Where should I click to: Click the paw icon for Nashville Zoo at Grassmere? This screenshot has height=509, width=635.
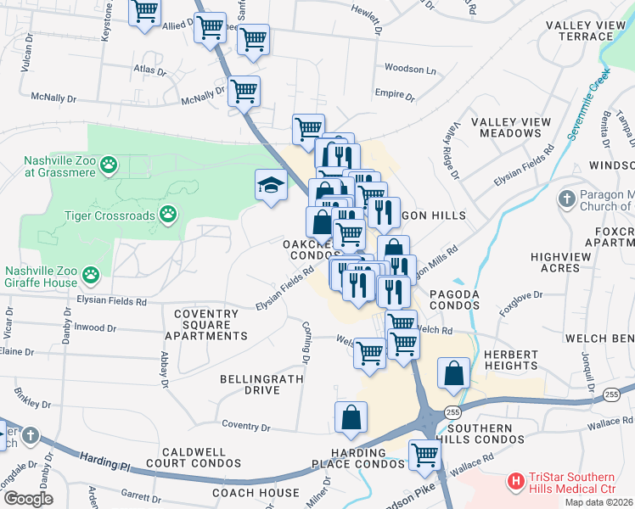109,165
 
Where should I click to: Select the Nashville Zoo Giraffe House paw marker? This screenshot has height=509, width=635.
91,275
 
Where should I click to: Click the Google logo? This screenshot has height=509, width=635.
27,499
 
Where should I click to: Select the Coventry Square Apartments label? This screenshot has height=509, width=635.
205,325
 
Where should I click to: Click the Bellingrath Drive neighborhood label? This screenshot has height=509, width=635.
250,384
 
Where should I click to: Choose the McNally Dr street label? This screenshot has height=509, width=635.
201,95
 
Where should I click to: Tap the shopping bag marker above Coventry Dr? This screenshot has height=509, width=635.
351,417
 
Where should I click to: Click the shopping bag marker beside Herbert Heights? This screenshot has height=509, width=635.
454,373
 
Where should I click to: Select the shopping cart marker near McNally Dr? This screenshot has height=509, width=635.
244,92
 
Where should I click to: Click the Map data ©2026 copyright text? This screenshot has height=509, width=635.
598,502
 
